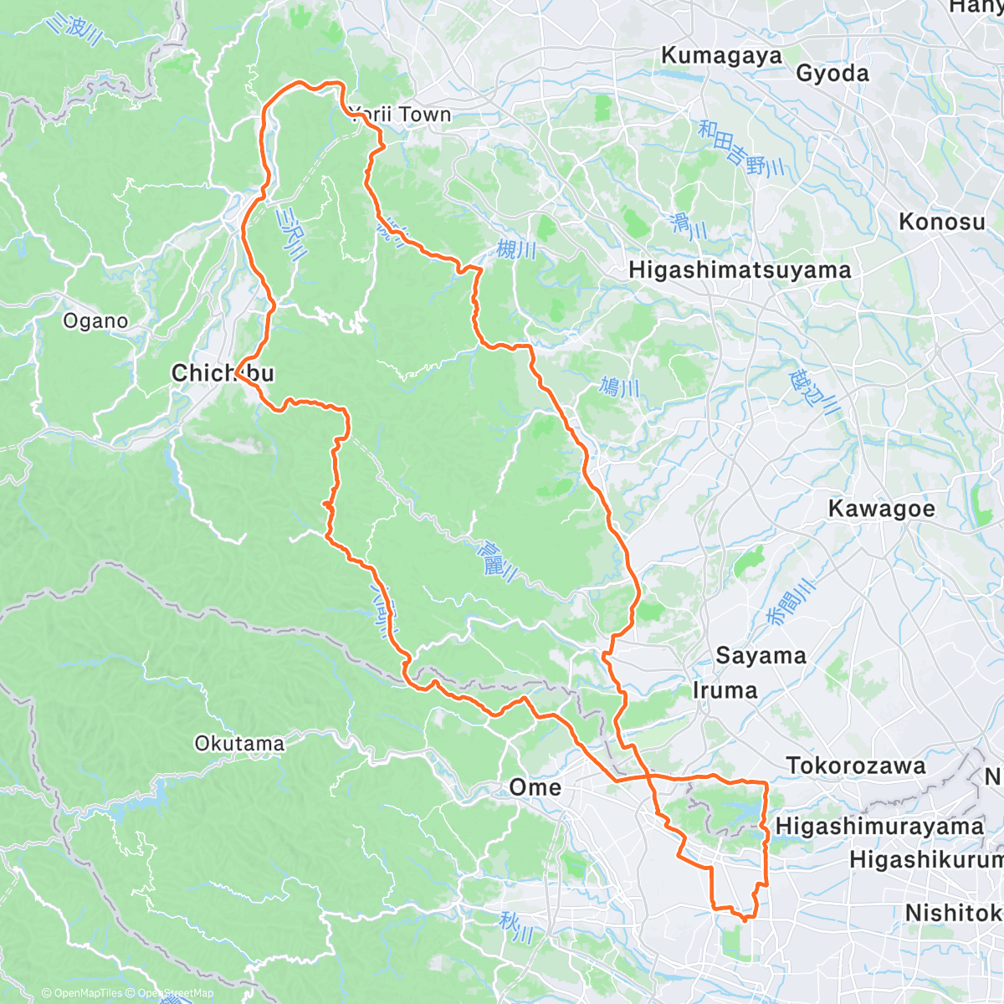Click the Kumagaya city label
click(x=721, y=56)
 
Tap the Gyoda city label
click(x=832, y=74)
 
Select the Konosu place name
click(x=941, y=222)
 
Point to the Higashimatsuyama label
click(x=740, y=270)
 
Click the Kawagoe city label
click(x=881, y=509)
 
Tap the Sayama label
click(x=761, y=656)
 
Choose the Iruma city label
click(x=725, y=690)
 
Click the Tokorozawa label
click(x=856, y=766)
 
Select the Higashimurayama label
click(x=879, y=827)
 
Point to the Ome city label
click(x=535, y=787)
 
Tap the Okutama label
click(x=239, y=743)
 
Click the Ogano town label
click(x=95, y=321)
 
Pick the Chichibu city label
click(x=223, y=373)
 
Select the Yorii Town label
click(x=402, y=115)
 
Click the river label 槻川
click(x=516, y=249)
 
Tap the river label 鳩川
click(x=620, y=387)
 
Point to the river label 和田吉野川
click(x=741, y=147)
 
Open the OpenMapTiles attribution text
click(x=82, y=993)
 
